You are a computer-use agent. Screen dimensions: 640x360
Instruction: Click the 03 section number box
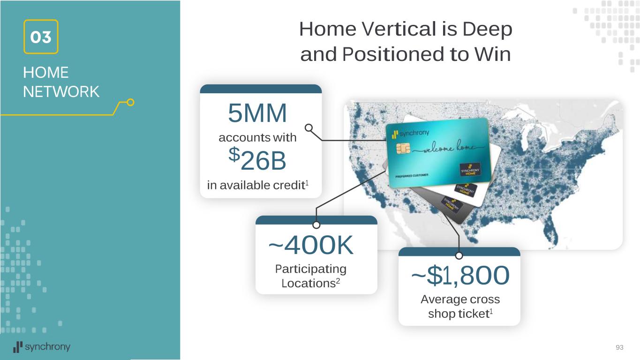pos(41,37)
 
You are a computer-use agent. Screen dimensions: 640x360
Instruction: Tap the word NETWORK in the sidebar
pos(61,92)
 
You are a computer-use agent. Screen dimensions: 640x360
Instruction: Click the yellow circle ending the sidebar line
pos(130,102)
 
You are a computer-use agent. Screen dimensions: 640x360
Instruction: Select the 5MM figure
pos(257,113)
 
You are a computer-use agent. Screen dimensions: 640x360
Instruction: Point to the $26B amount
pos(257,159)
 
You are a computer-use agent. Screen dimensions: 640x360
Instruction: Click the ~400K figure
pos(311,245)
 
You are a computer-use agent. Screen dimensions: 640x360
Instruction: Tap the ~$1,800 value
pos(460,275)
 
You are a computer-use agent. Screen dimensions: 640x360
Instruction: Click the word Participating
pos(310,269)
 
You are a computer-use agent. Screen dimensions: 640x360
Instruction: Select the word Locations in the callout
pos(309,284)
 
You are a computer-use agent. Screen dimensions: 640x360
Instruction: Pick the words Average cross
pos(460,300)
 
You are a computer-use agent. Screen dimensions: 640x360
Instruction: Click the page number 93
pos(619,347)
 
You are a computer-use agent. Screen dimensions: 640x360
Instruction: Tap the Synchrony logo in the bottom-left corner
pos(42,347)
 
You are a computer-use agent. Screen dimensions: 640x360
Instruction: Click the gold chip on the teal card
pos(403,148)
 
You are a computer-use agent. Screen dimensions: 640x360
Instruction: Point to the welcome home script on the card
pos(449,147)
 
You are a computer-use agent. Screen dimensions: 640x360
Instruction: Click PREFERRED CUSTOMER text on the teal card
pos(412,175)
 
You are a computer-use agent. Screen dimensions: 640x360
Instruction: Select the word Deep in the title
pos(487,30)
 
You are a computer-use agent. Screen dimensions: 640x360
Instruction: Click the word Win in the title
pos(493,54)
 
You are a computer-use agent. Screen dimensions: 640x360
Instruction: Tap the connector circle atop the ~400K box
pos(316,225)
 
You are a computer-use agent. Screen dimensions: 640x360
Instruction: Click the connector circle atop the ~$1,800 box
pos(459,256)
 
